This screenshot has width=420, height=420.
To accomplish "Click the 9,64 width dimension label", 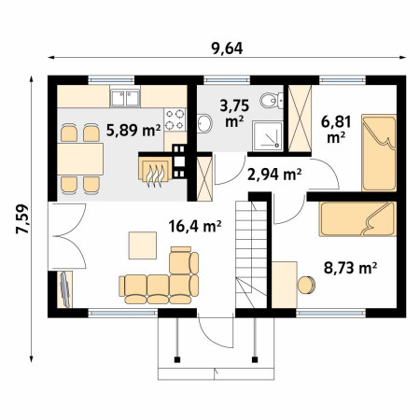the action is [x=227, y=49].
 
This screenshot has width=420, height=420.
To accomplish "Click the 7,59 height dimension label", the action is [x=23, y=218].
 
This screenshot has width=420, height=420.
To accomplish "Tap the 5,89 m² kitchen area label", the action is [x=133, y=130].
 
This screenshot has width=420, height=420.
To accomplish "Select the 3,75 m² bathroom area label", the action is [x=234, y=113].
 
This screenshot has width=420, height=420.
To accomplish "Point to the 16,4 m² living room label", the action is [x=195, y=226].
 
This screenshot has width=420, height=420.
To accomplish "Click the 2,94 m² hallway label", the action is [x=274, y=175].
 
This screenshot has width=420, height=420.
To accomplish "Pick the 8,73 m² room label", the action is [x=351, y=268].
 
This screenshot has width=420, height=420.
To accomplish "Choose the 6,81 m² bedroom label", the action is [x=336, y=129].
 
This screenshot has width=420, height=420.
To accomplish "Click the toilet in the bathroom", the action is [x=272, y=100].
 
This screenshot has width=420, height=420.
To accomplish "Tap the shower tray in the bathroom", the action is [x=268, y=136].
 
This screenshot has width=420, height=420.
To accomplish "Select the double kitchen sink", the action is [x=125, y=98].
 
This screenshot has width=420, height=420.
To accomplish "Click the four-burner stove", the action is [x=175, y=119].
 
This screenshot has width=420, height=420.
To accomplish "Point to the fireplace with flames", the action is [x=155, y=171].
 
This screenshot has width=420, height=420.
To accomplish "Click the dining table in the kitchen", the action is [x=80, y=159].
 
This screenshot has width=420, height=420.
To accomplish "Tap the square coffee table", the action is [x=143, y=245].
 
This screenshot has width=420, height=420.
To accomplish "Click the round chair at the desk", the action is [x=307, y=285].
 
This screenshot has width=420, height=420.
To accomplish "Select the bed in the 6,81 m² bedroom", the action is [x=379, y=153].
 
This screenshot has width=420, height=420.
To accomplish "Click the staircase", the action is [x=251, y=255].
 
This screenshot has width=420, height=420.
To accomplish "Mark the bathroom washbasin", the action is [x=204, y=123].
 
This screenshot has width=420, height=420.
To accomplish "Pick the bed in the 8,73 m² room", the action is [x=357, y=218].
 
